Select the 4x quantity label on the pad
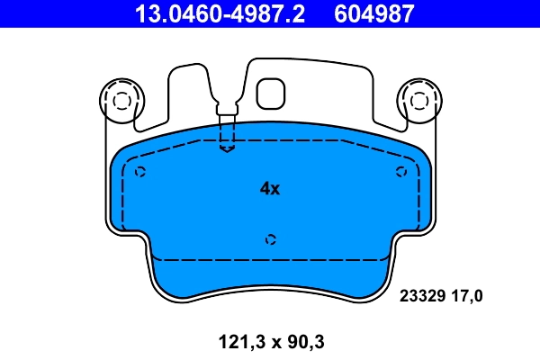coord(270,189)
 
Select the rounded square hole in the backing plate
coord(270,94)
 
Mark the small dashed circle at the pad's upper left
coord(139,172)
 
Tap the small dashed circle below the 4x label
coord(270,238)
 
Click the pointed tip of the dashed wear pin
coord(227,149)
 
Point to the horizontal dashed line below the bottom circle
coord(270,258)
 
